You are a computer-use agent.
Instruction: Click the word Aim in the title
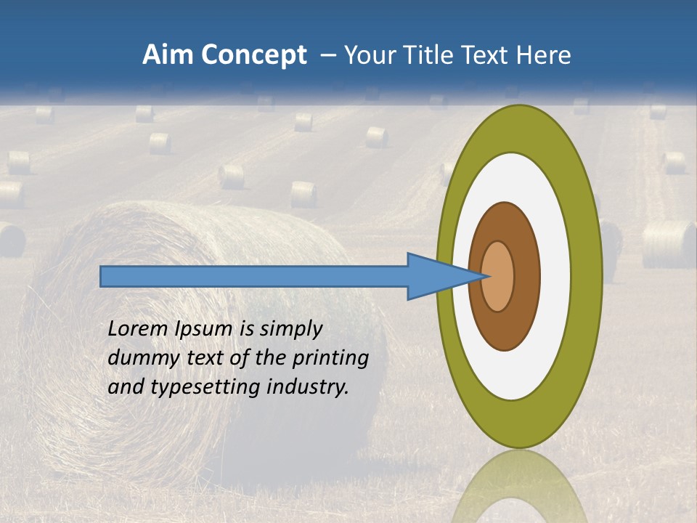coord(168,55)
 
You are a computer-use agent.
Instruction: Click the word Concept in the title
coord(253,55)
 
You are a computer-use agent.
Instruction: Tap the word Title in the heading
coord(439,55)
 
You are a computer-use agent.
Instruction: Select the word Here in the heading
coord(544,55)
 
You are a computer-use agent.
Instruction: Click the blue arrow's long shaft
coord(254,277)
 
